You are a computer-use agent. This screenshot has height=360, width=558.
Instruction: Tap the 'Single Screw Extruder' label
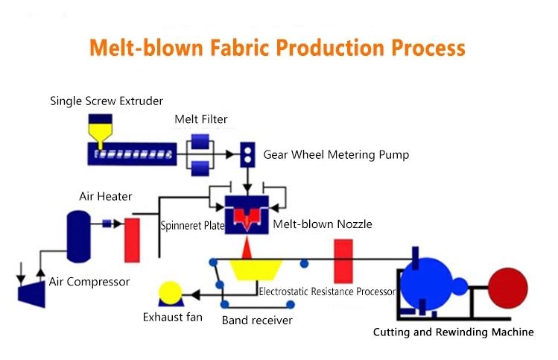tap(106, 100)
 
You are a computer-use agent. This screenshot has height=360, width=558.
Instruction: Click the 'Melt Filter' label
tap(200, 119)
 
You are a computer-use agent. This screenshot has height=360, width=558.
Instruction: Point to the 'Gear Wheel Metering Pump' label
tap(336, 155)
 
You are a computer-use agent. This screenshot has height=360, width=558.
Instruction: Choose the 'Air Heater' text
tap(106, 197)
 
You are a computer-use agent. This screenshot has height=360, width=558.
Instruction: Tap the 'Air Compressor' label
tap(89, 282)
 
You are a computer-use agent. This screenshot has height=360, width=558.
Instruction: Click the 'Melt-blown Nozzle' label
tap(322, 224)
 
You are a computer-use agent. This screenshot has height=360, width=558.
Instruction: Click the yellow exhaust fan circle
tap(171, 292)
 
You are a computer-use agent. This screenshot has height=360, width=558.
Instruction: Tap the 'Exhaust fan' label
tap(173, 318)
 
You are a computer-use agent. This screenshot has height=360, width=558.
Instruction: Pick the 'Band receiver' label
tap(257, 320)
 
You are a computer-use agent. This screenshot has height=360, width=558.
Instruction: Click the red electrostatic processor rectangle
tap(343, 260)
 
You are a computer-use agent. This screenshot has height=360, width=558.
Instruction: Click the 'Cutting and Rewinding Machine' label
tap(453, 332)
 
